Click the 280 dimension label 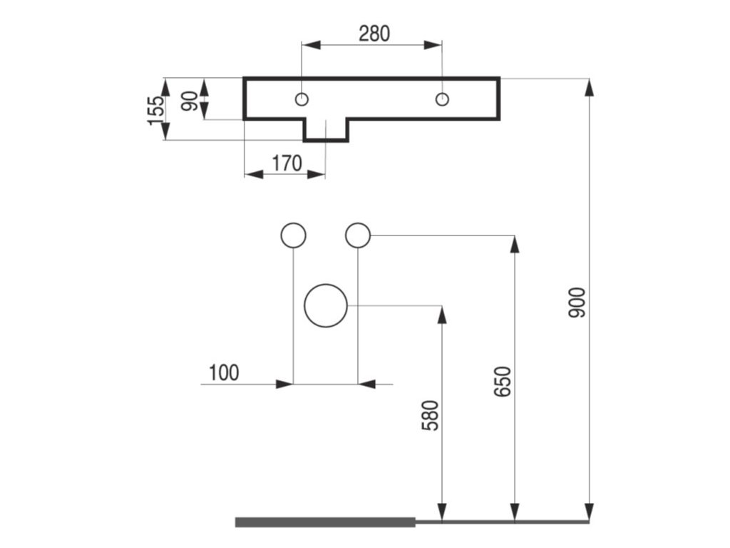(374, 33)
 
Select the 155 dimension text (156, 111)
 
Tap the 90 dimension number (189, 101)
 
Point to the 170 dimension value (287, 163)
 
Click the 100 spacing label (224, 372)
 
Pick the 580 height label (430, 415)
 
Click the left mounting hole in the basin (302, 98)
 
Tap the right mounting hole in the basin (443, 98)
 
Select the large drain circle (326, 305)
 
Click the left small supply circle (294, 235)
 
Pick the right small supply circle (358, 235)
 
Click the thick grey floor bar (325, 522)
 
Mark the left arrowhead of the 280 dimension (310, 45)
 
